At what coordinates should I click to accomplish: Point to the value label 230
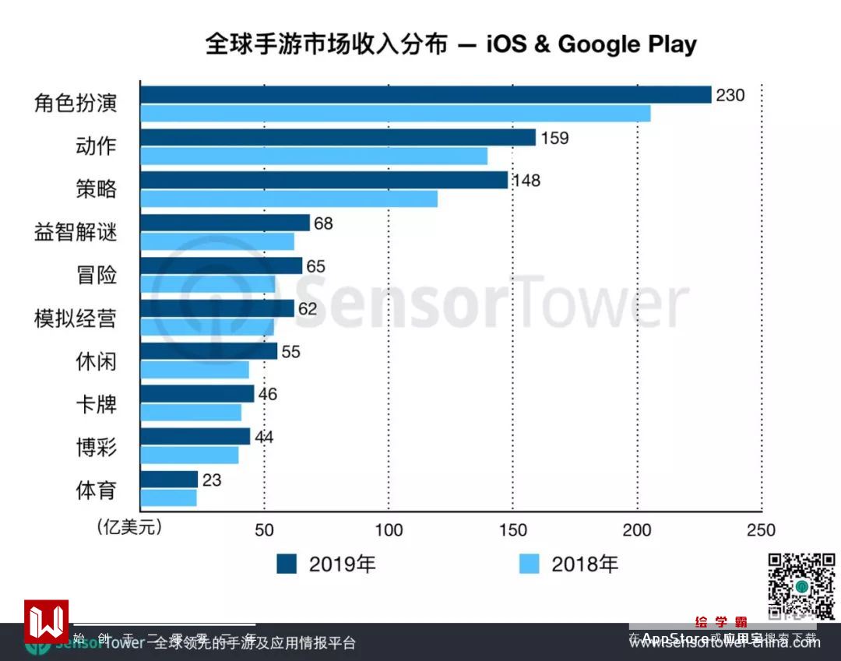pos(730,96)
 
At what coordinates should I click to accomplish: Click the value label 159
pos(554,139)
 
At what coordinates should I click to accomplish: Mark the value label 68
pos(322,224)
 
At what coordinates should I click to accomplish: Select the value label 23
pos(211,480)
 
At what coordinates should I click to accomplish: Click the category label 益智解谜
pos(76,233)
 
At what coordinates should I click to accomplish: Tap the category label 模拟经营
pos(76,318)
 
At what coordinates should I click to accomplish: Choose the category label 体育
pos(96,490)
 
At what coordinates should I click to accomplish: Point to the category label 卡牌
pos(96,405)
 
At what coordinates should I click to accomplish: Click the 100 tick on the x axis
pos(389,530)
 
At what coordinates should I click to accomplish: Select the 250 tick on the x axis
pos(761,530)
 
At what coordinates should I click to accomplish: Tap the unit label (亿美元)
pos(129,528)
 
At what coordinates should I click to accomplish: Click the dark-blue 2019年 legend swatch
pos(287,564)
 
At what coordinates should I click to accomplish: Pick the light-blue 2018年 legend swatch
pos(530,564)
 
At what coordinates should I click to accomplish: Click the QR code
pos(802,585)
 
